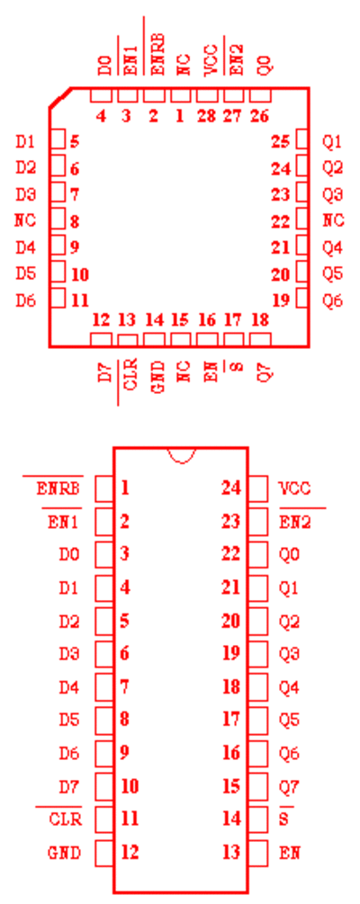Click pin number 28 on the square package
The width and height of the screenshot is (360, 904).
(x=206, y=116)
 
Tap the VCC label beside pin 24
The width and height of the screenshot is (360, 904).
(x=294, y=489)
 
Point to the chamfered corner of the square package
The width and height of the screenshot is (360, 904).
(x=60, y=98)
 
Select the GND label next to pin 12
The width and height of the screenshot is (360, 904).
(x=64, y=853)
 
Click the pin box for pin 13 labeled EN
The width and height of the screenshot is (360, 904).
(x=258, y=853)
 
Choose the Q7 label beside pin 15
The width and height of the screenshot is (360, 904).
(x=290, y=786)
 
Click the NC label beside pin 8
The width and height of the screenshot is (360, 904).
(x=25, y=220)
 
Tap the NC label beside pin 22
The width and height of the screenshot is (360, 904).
(x=333, y=220)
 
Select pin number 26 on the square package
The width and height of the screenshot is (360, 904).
(x=259, y=116)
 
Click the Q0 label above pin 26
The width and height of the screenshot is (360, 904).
(x=265, y=67)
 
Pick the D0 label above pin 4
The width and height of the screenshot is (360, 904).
(x=105, y=67)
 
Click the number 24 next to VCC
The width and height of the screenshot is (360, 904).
(x=231, y=488)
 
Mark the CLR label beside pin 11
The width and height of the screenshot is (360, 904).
(x=65, y=819)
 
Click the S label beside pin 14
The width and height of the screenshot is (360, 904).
(x=283, y=819)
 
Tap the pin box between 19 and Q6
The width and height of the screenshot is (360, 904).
(x=302, y=299)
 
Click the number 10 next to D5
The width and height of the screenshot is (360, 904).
(x=80, y=274)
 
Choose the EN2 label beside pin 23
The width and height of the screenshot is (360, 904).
(x=294, y=523)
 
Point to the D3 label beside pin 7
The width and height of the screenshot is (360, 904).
(x=25, y=194)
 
